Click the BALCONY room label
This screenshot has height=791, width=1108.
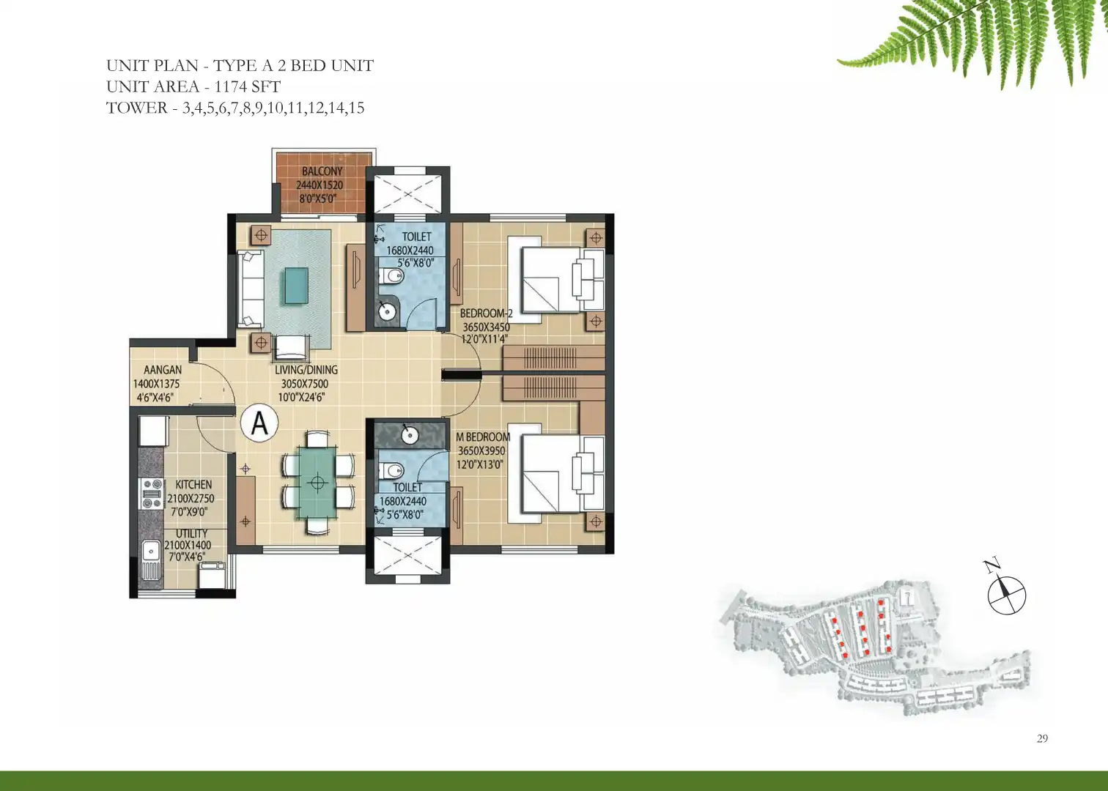coord(322,171)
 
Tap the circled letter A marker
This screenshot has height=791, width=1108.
coord(259,423)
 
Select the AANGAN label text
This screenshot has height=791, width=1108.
coord(163,370)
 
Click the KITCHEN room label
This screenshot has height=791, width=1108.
coord(193,485)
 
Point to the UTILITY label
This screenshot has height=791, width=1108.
coord(191,533)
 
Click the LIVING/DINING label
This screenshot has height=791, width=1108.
coord(306,370)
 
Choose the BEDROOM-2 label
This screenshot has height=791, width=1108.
coord(487,313)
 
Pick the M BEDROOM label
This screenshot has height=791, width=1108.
coord(483,437)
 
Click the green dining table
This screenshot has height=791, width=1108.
coord(317,482)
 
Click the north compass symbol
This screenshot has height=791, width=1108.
coord(1007,595)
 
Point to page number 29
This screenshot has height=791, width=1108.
coord(1042,738)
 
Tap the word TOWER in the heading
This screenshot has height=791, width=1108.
coord(137,108)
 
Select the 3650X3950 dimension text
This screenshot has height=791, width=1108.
coord(481,451)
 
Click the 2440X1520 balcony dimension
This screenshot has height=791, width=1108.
coord(319,185)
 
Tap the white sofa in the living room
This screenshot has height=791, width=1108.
coord(251,289)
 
